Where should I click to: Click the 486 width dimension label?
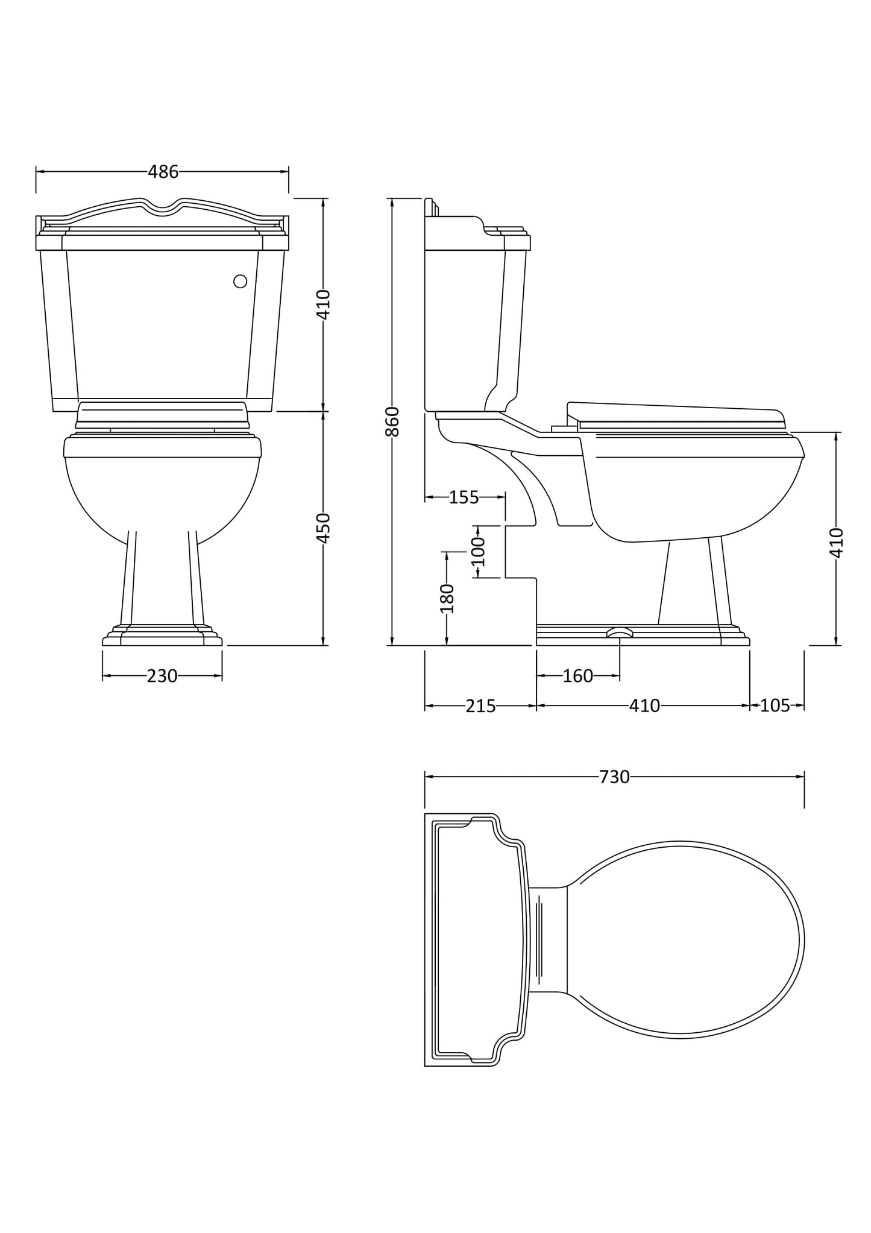[x=163, y=172]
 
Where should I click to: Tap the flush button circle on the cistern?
[x=240, y=281]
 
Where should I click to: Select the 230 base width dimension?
[x=162, y=676]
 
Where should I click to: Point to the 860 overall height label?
[x=392, y=421]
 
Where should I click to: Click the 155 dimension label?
[x=464, y=497]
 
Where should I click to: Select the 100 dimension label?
[x=478, y=551]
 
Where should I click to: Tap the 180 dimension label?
[x=447, y=598]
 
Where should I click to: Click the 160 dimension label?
[x=577, y=676]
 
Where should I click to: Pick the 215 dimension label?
[x=480, y=705]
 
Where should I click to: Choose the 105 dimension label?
[x=775, y=705]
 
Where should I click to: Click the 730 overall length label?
[x=614, y=777]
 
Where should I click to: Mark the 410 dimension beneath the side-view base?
[x=644, y=705]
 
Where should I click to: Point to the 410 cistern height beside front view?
[x=324, y=304]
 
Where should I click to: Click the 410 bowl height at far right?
[x=837, y=542]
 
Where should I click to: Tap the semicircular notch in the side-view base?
[x=620, y=632]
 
